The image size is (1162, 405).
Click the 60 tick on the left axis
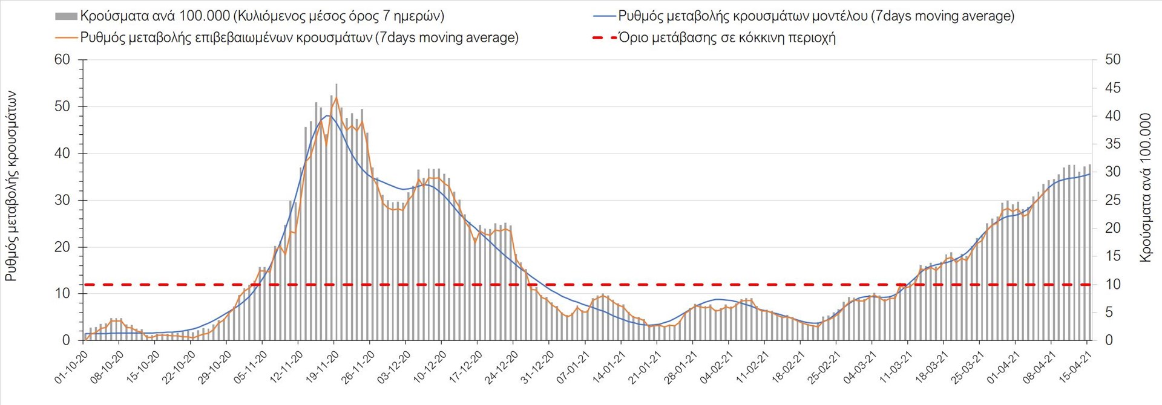(62, 60)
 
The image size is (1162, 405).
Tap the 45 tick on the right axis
(1112, 88)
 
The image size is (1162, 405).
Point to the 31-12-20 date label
(537, 368)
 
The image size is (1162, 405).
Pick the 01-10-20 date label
(71, 368)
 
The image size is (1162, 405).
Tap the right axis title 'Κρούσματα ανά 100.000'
(1145, 187)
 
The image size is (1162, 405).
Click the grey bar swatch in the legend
(66, 16)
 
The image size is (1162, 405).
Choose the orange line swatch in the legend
(66, 37)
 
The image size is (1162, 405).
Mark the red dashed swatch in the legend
(603, 37)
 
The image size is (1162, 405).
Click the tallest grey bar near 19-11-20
(336, 212)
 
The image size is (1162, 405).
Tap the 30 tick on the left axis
(62, 200)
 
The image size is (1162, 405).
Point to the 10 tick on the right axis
(1112, 284)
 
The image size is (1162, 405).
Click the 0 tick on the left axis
(66, 340)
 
